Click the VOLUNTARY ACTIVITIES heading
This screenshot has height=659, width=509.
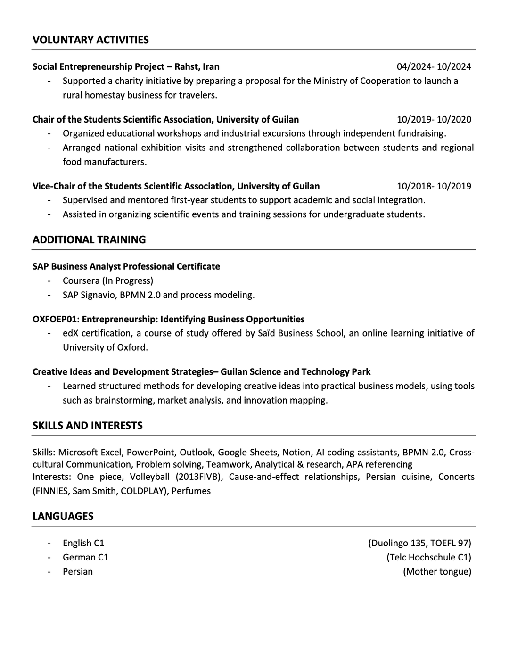pos(90,40)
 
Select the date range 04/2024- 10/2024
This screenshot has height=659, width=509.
pos(434,66)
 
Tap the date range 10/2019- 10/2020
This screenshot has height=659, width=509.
pos(434,119)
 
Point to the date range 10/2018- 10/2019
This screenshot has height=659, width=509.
pos(434,186)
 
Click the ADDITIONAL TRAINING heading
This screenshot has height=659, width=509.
pos(89,239)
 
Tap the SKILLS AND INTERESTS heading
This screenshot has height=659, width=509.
pos(87,426)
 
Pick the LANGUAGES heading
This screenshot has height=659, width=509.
pos(63,516)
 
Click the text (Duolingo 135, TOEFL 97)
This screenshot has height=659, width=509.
pos(419,543)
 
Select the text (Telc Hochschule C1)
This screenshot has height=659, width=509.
pos(428,557)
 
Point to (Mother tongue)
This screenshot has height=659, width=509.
pos(437,572)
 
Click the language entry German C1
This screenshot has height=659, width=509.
pos(85,557)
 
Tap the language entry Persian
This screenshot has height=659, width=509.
pos(78,572)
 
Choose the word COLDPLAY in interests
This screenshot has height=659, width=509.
pos(140,491)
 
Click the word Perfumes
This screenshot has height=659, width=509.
pos(191,491)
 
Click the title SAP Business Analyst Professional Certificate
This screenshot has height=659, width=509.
pos(126,266)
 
